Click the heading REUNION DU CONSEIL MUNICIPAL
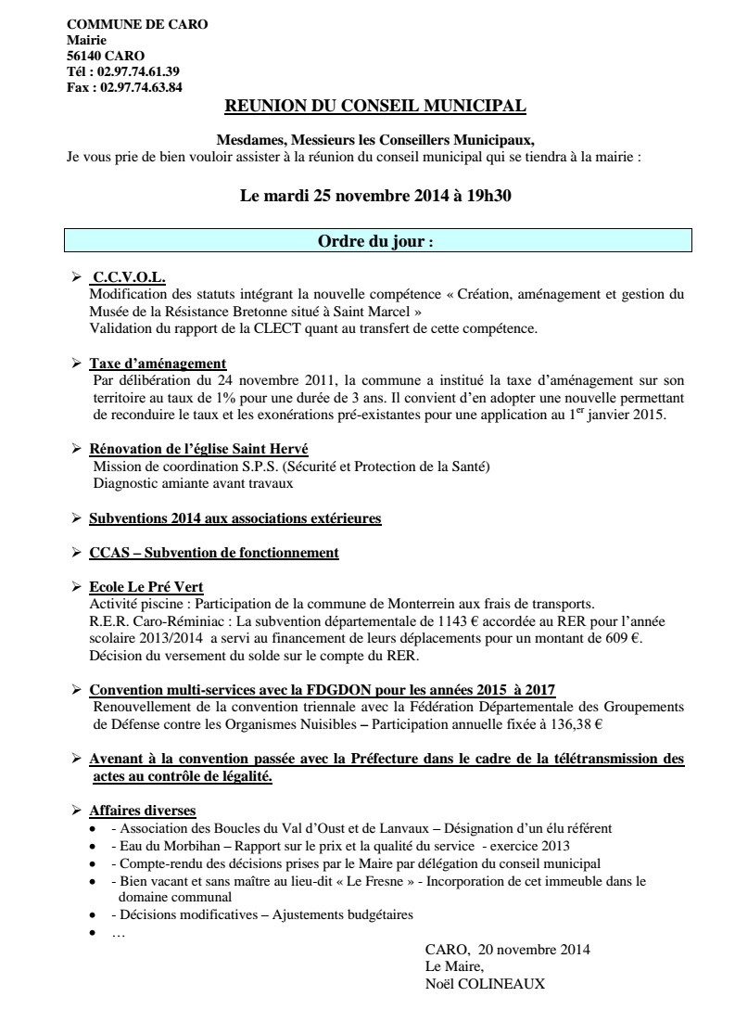[376, 107]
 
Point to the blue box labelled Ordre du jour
[376, 241]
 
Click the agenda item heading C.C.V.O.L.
[129, 277]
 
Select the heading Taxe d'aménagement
[158, 363]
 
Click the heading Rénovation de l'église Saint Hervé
[192, 449]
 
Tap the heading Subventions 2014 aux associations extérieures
[234, 517]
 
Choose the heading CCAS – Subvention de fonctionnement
[213, 553]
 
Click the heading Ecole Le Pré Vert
[146, 587]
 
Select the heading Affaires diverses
[142, 811]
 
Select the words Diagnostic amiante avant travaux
[193, 483]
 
